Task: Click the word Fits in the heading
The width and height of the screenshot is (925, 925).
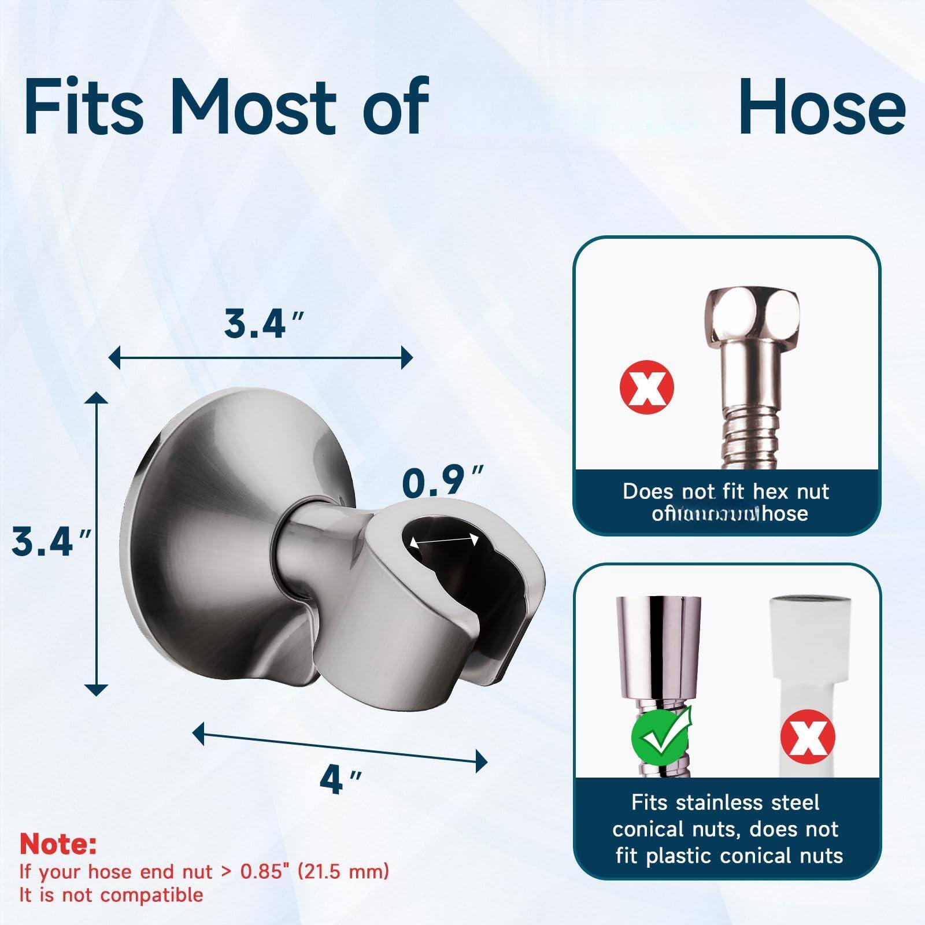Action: pyautogui.click(x=84, y=108)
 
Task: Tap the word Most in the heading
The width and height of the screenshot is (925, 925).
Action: pyautogui.click(x=254, y=108)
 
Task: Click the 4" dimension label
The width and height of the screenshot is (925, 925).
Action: pyautogui.click(x=341, y=779)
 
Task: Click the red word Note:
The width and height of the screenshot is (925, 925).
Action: pyautogui.click(x=58, y=845)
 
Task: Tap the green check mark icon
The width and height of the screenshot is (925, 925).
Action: pyautogui.click(x=661, y=736)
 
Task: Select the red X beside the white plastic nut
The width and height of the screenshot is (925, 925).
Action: pyautogui.click(x=808, y=737)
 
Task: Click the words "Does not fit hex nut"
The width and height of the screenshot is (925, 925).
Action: pyautogui.click(x=726, y=491)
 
